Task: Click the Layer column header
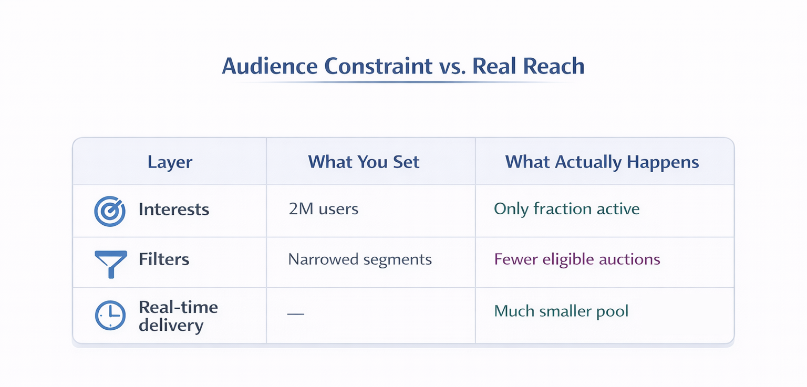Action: coord(170,162)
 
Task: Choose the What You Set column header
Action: coord(364,162)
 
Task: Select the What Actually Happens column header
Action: coord(602,162)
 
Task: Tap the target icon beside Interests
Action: coord(110,211)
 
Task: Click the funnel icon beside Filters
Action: coord(110,262)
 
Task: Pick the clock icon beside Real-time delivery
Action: coord(110,315)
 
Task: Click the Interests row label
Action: coord(174,210)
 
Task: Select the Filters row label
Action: coord(164,259)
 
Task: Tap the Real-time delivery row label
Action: coord(178,316)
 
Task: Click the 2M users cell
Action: coord(323,209)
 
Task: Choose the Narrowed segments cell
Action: coord(360,259)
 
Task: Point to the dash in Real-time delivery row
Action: coord(296,313)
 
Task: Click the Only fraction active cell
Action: coord(566,209)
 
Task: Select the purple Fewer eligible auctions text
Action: coord(577,259)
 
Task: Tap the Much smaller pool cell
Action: coord(561,311)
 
